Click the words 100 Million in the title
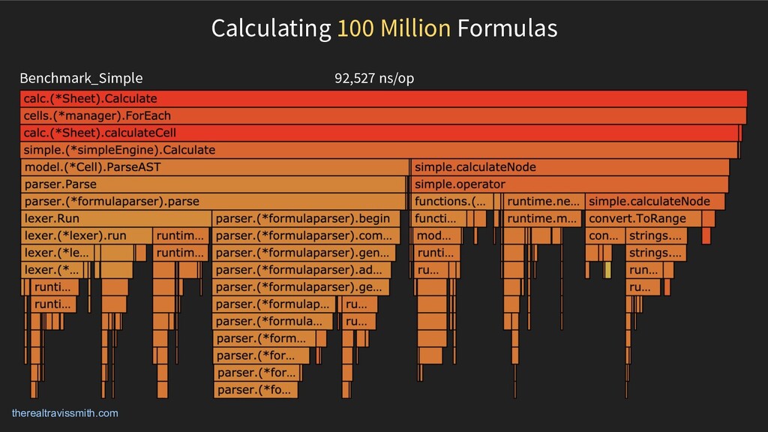point(393,28)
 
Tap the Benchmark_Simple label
point(81,78)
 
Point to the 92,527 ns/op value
point(374,78)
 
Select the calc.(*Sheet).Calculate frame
point(382,98)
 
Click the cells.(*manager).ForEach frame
point(382,115)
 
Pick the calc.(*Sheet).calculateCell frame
point(379,133)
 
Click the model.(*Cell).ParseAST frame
point(214,167)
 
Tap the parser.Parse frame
point(214,184)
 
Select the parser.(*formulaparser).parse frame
point(214,202)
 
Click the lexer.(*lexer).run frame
point(85,235)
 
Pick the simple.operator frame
point(570,184)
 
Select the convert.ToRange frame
point(642,219)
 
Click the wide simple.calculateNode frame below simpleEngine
point(570,167)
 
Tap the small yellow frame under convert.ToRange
point(608,269)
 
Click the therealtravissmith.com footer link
point(65,413)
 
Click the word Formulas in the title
point(508,28)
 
